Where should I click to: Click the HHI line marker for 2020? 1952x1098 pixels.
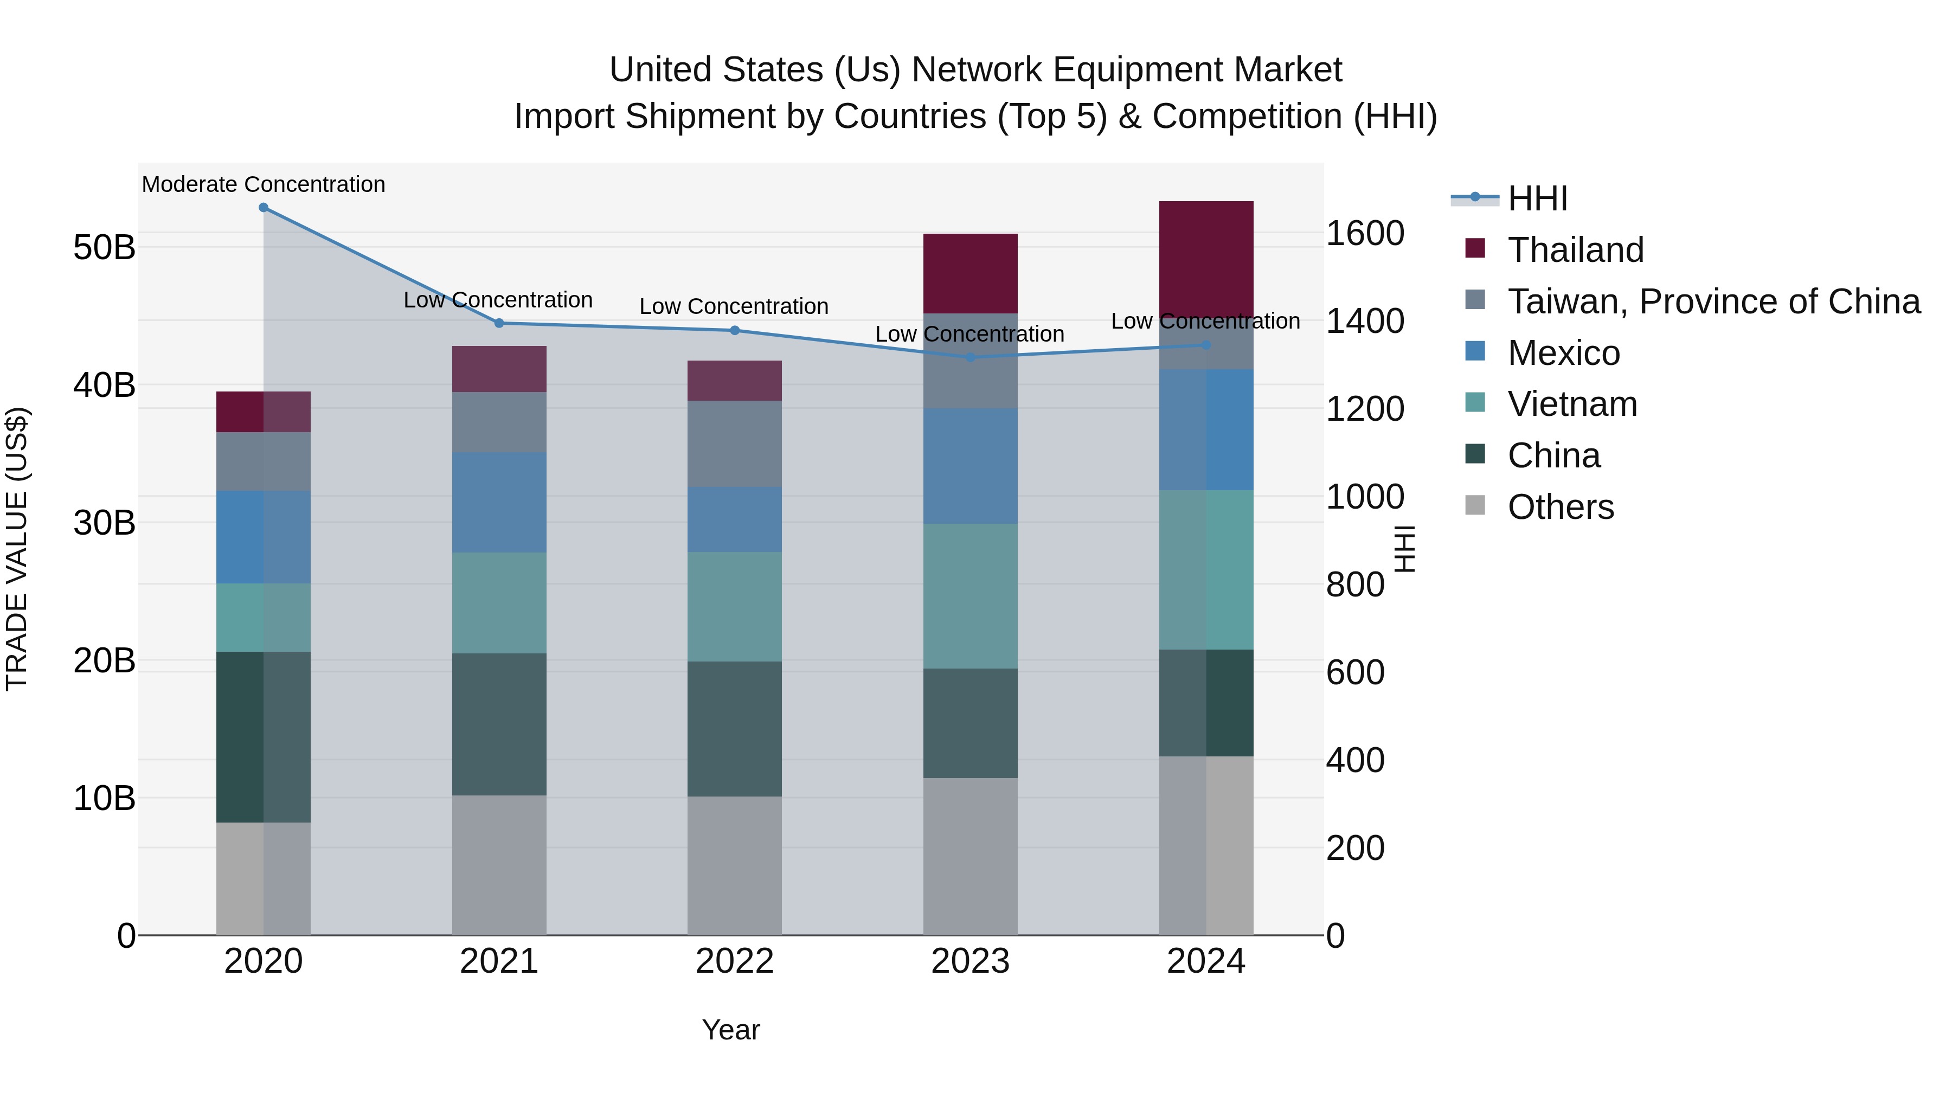pyautogui.click(x=263, y=208)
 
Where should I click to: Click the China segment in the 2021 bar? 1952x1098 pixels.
pyautogui.click(x=499, y=724)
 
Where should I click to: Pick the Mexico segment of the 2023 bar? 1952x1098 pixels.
pyautogui.click(x=970, y=466)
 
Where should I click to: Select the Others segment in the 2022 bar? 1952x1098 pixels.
pyautogui.click(x=734, y=865)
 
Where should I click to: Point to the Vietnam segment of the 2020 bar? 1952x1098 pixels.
pyautogui.click(x=263, y=617)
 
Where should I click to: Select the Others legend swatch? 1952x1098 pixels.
pyautogui.click(x=1475, y=505)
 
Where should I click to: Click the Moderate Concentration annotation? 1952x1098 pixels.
pyautogui.click(x=263, y=184)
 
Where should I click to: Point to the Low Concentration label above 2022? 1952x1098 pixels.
pyautogui.click(x=734, y=306)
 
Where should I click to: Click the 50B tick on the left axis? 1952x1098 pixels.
pyautogui.click(x=104, y=248)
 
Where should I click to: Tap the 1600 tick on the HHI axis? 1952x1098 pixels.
pyautogui.click(x=1365, y=233)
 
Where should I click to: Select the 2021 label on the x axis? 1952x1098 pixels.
pyautogui.click(x=499, y=961)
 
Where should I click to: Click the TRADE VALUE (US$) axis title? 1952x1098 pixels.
pyautogui.click(x=17, y=549)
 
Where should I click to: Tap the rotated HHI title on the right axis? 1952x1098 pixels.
pyautogui.click(x=1404, y=549)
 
